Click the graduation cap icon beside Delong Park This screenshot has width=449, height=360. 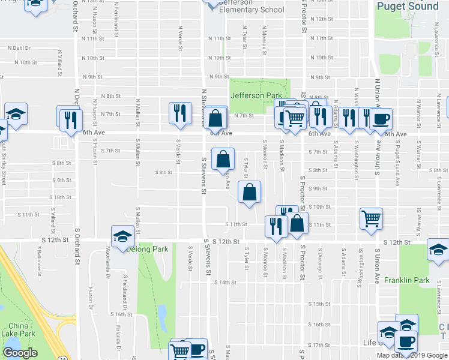pos(122,235)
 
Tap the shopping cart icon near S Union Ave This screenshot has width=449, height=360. pos(372,218)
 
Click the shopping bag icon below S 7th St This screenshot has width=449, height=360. pos(223,159)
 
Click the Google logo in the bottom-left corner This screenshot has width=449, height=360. pos(20,353)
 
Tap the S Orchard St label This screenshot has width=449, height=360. pos(77,246)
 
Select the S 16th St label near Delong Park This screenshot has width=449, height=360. pos(121,314)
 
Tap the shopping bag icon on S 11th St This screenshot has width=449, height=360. pos(297,224)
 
